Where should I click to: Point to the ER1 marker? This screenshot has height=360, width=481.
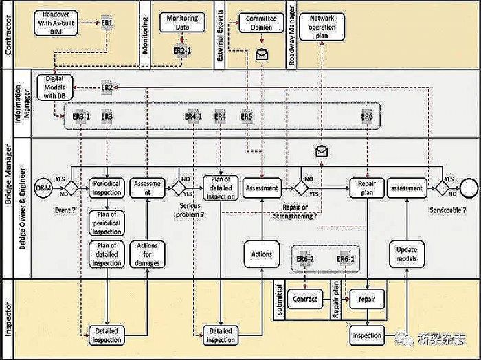[107, 23]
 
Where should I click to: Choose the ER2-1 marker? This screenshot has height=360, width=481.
[181, 51]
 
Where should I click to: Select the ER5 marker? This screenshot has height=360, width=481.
[247, 117]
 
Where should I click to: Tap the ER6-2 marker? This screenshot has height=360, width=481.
[305, 258]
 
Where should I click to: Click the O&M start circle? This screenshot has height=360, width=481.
[43, 187]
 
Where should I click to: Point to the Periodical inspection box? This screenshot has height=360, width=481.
[107, 188]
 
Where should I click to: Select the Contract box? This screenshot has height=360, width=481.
[305, 300]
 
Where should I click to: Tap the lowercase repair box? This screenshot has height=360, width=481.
[369, 300]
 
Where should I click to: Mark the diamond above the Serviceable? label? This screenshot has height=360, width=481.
[443, 187]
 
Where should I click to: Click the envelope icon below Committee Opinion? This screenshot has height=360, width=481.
[261, 54]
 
